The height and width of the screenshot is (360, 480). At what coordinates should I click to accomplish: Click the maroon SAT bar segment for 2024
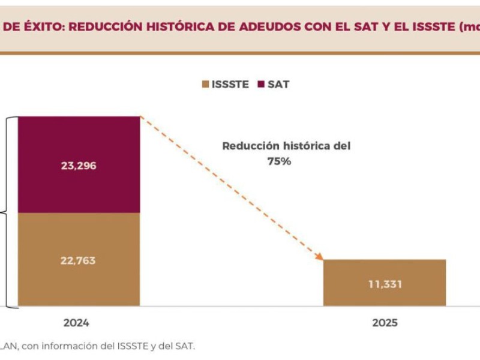pyautogui.click(x=79, y=164)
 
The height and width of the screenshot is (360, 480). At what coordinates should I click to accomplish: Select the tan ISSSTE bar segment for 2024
pyautogui.click(x=79, y=259)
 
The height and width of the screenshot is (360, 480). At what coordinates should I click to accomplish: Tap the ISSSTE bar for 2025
pyautogui.click(x=385, y=283)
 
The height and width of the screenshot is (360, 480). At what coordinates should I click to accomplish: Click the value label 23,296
pyautogui.click(x=79, y=166)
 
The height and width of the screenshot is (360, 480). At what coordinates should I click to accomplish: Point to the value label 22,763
pyautogui.click(x=79, y=260)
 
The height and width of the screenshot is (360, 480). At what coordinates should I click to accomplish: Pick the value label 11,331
pyautogui.click(x=385, y=284)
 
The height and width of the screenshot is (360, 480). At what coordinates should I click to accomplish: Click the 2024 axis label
pyautogui.click(x=76, y=323)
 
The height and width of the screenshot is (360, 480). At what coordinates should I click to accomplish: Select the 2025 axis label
pyautogui.click(x=385, y=323)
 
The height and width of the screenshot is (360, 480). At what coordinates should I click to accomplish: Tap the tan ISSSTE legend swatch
pyautogui.click(x=205, y=85)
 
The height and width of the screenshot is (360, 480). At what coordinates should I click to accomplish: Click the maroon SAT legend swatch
pyautogui.click(x=260, y=85)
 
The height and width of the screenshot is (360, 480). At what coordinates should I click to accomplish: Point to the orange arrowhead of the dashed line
pyautogui.click(x=319, y=256)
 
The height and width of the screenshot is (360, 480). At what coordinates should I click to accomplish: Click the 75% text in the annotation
pyautogui.click(x=279, y=161)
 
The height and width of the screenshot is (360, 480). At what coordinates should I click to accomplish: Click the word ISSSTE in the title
pyautogui.click(x=430, y=26)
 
